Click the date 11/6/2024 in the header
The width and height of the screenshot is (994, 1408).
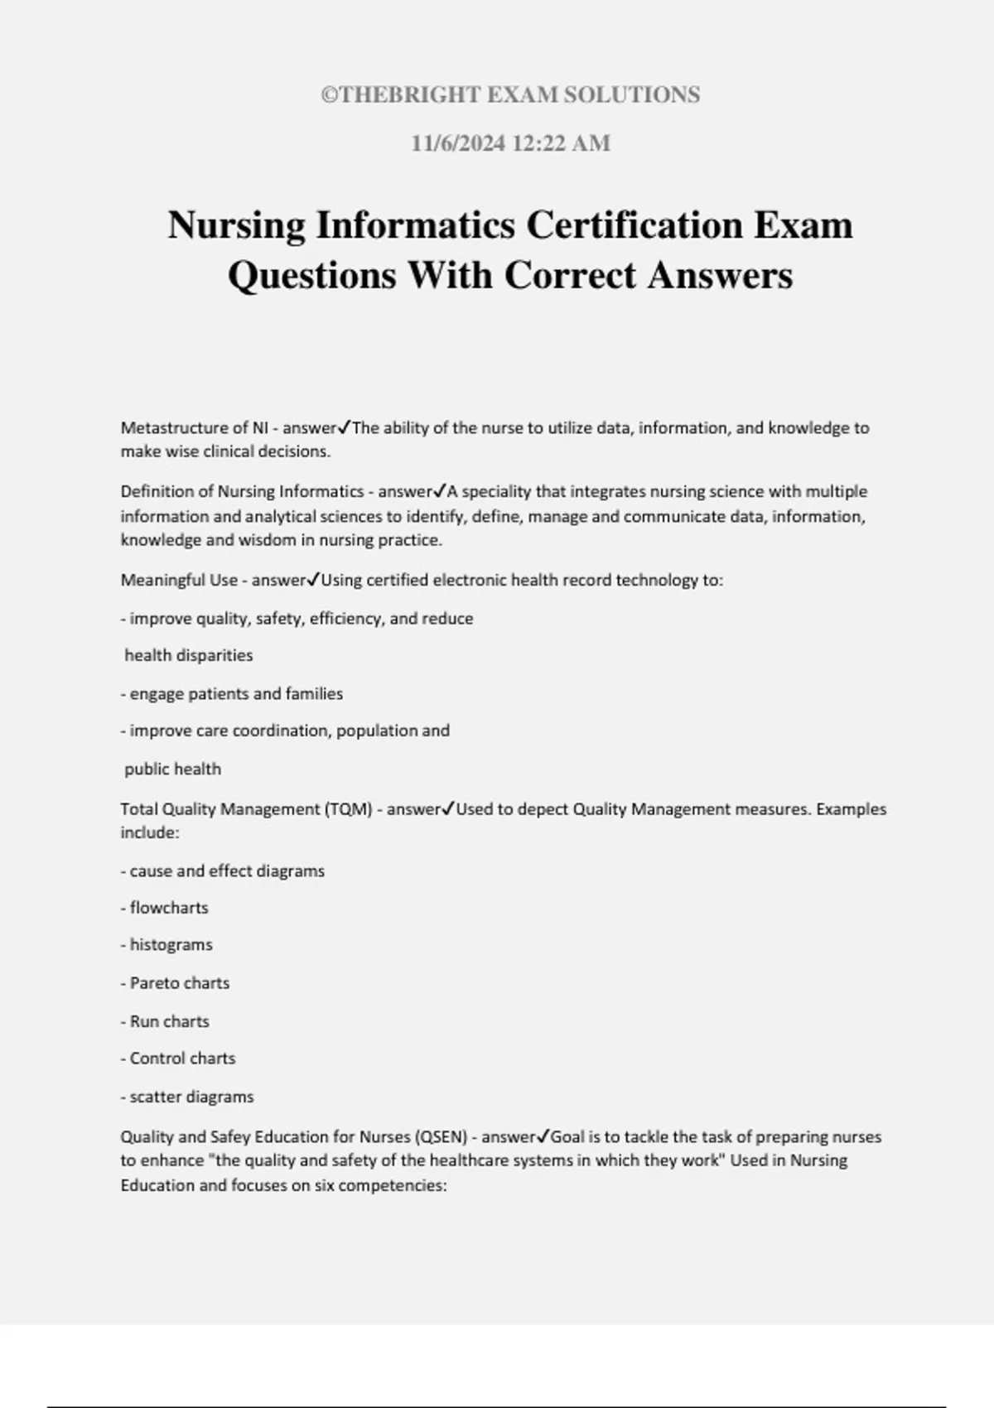coord(458,143)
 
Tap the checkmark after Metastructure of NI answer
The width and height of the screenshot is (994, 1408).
coord(345,427)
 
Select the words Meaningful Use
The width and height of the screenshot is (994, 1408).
coord(179,581)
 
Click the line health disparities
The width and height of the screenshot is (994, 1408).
coord(189,655)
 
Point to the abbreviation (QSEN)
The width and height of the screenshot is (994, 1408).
coord(440,1137)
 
